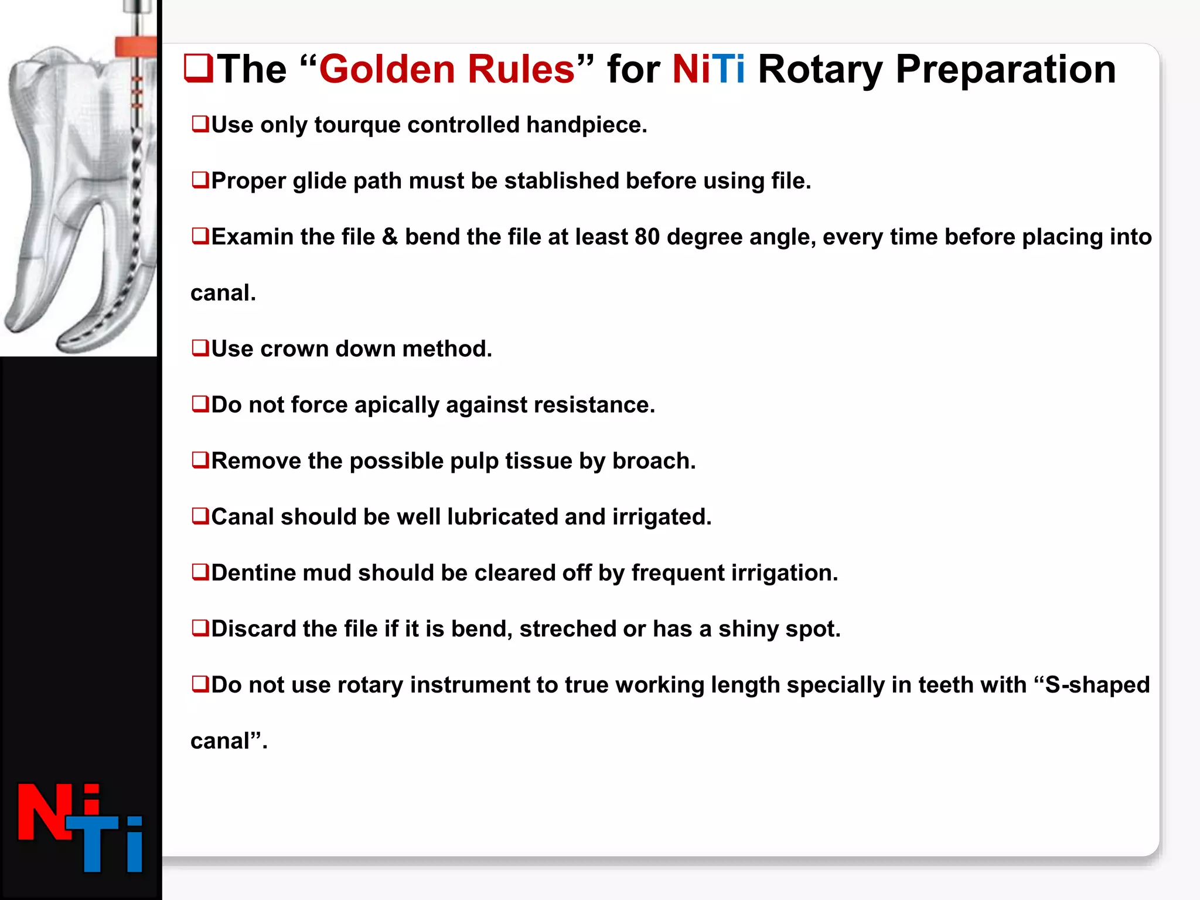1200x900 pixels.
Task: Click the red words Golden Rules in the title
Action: pos(446,70)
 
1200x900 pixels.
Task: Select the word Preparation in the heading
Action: pos(1005,70)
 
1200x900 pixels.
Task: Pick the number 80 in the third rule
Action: pos(647,237)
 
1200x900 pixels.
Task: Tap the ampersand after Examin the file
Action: pos(390,237)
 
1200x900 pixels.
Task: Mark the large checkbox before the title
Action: pos(199,69)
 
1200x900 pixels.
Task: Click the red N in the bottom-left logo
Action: pos(44,813)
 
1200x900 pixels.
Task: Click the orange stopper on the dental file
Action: pos(136,46)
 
